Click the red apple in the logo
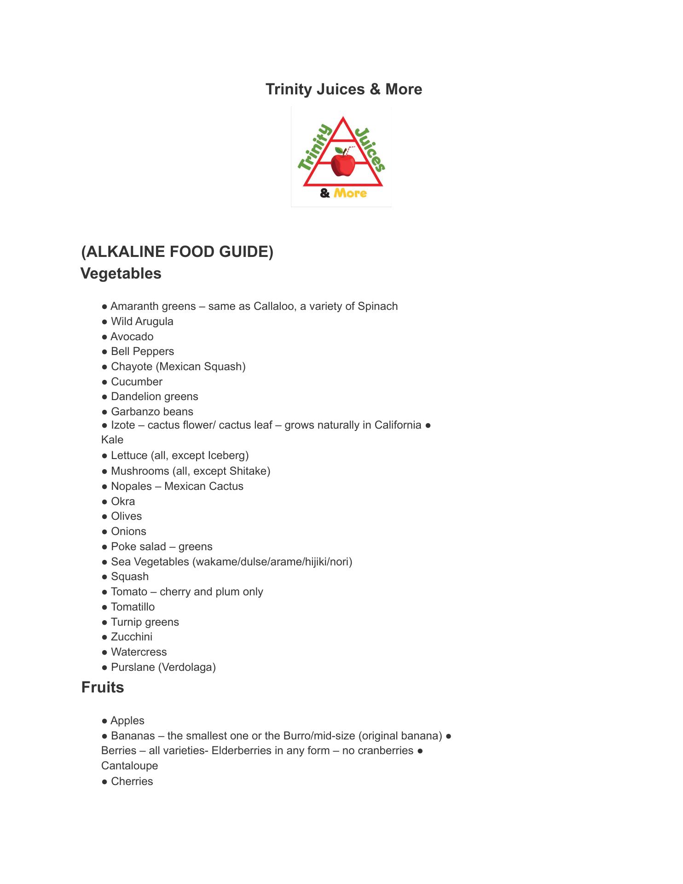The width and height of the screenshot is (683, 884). pyautogui.click(x=343, y=164)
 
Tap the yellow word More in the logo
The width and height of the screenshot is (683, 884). pyautogui.click(x=350, y=193)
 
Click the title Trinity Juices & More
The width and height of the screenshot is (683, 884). pyautogui.click(x=343, y=89)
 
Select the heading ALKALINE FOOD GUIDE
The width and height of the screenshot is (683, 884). pyautogui.click(x=177, y=252)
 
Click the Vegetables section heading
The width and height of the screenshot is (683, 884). pyautogui.click(x=121, y=273)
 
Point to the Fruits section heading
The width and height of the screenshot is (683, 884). pyautogui.click(x=103, y=687)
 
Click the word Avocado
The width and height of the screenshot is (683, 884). pyautogui.click(x=132, y=337)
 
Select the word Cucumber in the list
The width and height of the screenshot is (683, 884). pyautogui.click(x=137, y=382)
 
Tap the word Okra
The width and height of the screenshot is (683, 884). pyautogui.click(x=123, y=501)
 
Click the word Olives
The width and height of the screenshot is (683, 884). pyautogui.click(x=127, y=516)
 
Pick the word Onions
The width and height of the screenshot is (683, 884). pyautogui.click(x=128, y=531)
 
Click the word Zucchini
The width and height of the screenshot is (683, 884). pyautogui.click(x=132, y=637)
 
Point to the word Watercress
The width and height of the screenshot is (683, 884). pyautogui.click(x=139, y=652)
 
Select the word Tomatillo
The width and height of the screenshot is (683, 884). pyautogui.click(x=133, y=607)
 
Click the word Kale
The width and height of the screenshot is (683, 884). pyautogui.click(x=112, y=440)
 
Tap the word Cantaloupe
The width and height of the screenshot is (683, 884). pyautogui.click(x=129, y=766)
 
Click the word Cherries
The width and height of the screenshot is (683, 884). pyautogui.click(x=132, y=781)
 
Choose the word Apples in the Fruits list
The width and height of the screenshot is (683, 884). pyautogui.click(x=127, y=721)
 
